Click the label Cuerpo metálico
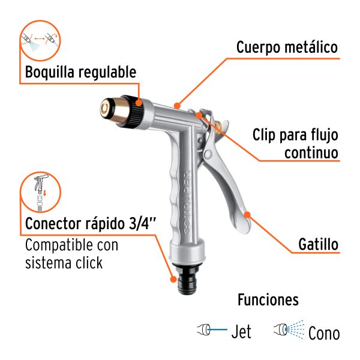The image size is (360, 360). [287, 47]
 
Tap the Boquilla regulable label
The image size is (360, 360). [80, 73]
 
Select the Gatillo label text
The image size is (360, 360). [318, 245]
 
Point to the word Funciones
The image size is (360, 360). [268, 299]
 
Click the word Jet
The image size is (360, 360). [241, 331]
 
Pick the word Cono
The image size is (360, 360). [324, 332]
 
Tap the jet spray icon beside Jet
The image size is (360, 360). [206, 329]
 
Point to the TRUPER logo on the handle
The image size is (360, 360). [185, 193]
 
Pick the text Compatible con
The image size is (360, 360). [71, 245]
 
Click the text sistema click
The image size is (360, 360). [64, 263]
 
